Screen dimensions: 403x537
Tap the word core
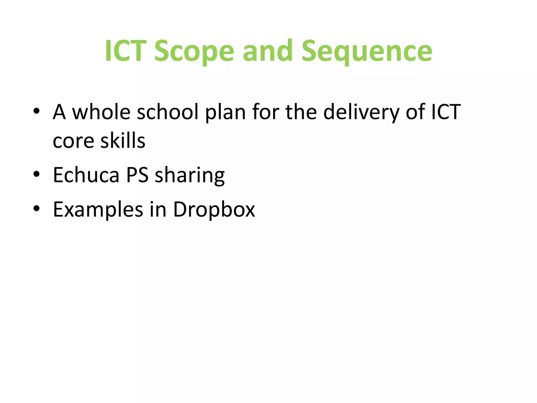pos(73,141)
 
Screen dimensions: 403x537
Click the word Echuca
pos(86,175)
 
